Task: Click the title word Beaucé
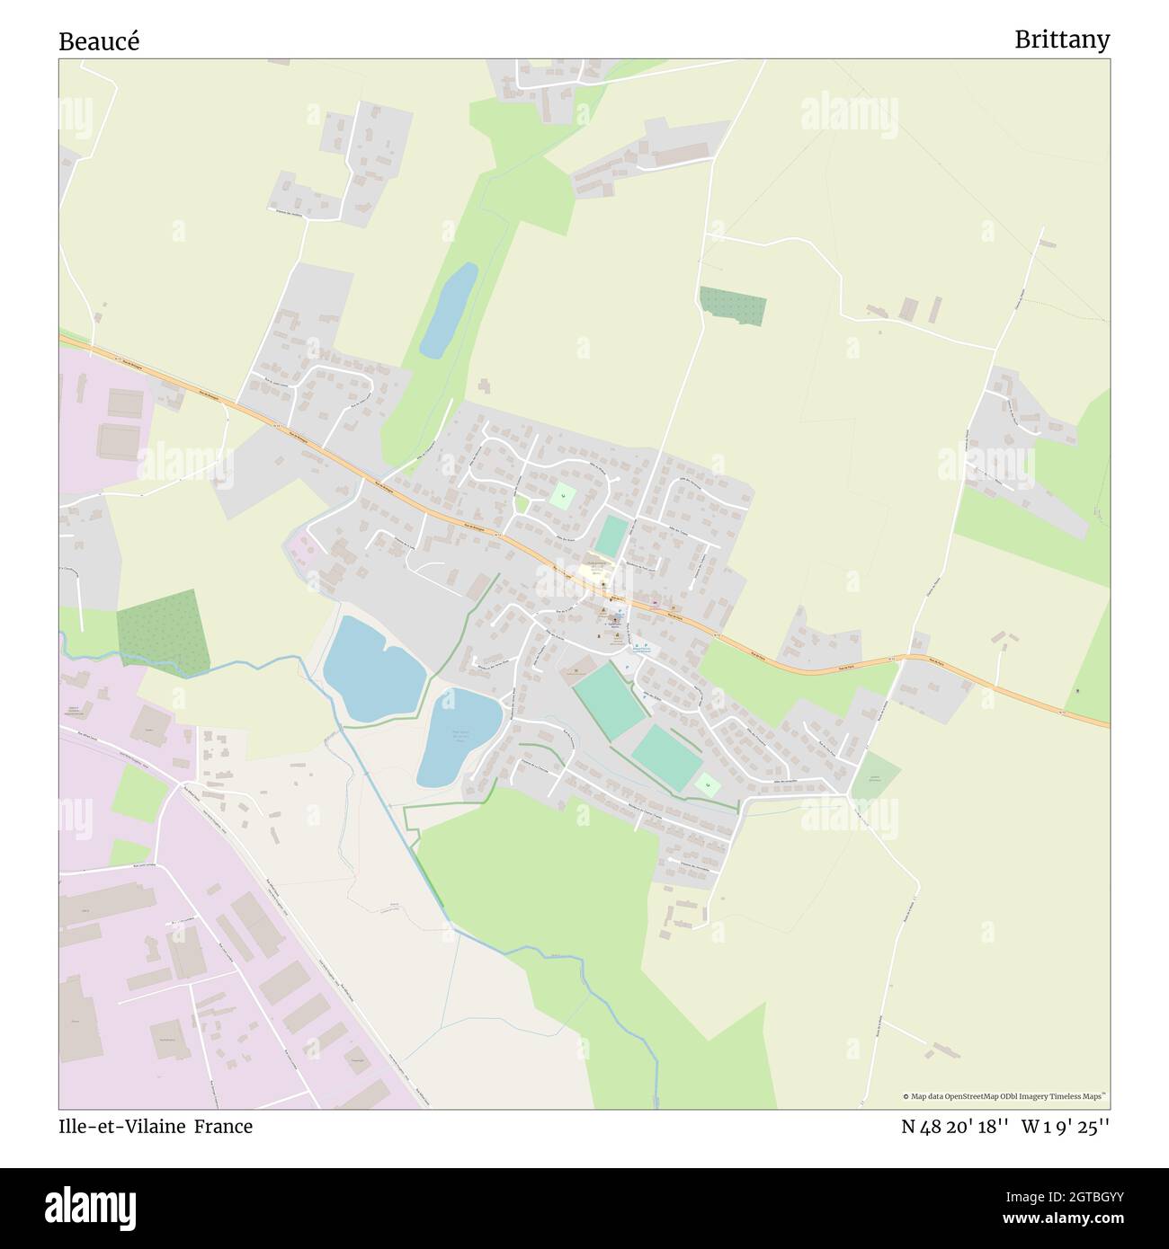click(x=99, y=41)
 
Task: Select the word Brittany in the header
click(x=1061, y=40)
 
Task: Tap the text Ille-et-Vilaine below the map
click(x=121, y=1126)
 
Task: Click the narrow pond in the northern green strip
click(x=449, y=310)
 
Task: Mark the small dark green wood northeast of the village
click(x=733, y=306)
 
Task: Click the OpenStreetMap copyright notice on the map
click(x=1004, y=1096)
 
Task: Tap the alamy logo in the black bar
click(x=91, y=1207)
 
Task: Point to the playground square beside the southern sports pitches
click(x=708, y=784)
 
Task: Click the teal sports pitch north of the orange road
click(x=611, y=536)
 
